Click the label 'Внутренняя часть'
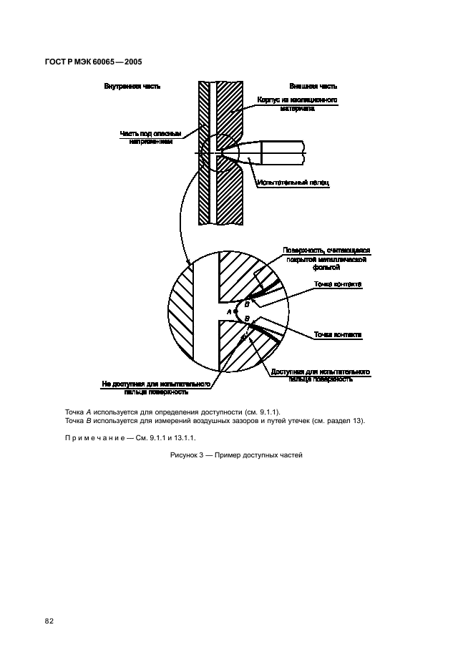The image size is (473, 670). click(x=132, y=86)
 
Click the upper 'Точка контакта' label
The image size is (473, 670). click(x=338, y=284)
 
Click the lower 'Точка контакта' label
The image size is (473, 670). click(x=338, y=334)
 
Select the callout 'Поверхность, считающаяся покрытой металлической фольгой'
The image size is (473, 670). click(x=326, y=258)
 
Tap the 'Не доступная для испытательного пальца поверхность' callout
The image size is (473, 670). click(x=156, y=388)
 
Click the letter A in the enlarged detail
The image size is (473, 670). click(x=229, y=312)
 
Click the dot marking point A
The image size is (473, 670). click(x=235, y=311)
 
